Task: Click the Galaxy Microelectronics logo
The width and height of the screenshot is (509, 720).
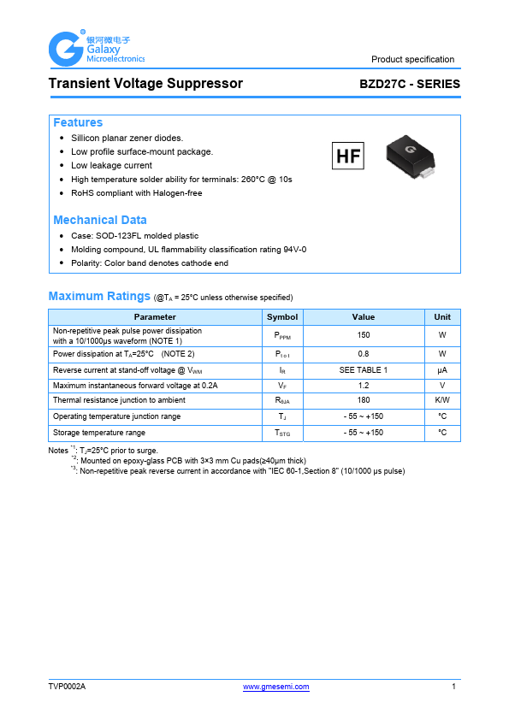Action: [x=96, y=48]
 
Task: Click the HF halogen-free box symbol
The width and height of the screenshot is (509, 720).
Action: [x=348, y=156]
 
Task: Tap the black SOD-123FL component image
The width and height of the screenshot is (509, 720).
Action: [x=411, y=155]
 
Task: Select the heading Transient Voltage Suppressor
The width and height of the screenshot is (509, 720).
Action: [x=145, y=84]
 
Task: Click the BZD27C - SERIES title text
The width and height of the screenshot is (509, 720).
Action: [x=410, y=85]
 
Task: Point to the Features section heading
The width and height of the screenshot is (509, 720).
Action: [x=78, y=123]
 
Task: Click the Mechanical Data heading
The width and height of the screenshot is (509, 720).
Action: [x=100, y=220]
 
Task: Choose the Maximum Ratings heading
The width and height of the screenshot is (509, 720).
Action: [x=99, y=296]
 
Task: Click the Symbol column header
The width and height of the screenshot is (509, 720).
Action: [x=282, y=316]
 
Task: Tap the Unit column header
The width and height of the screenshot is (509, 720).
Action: [x=442, y=316]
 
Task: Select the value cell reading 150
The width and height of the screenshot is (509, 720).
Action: [x=364, y=335]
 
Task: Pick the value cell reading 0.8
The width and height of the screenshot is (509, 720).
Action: [x=364, y=353]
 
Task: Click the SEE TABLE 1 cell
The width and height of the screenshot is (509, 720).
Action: [x=364, y=369]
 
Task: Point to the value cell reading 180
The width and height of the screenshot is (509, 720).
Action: [x=364, y=400]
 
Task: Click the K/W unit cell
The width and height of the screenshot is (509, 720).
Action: [x=442, y=400]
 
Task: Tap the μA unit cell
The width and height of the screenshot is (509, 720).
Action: [x=442, y=369]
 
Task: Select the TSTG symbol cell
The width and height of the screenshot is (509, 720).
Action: [x=282, y=434]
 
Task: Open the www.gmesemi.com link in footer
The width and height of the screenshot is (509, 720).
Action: [x=276, y=687]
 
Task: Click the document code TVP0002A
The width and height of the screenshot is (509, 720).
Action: [x=68, y=687]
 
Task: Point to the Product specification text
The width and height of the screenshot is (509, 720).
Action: [x=412, y=59]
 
